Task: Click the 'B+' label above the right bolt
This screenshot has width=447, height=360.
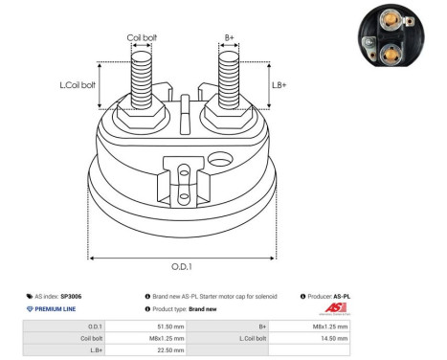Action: [x=229, y=38]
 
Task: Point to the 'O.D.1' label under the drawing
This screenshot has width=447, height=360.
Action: [x=182, y=268]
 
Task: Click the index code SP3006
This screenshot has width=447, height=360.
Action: [x=73, y=296]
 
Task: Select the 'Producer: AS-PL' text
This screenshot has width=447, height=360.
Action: [x=334, y=296]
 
